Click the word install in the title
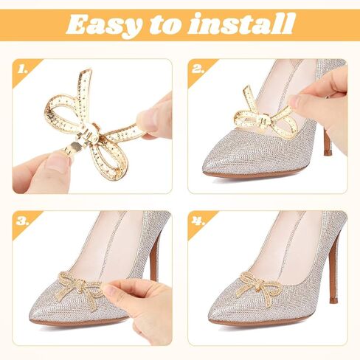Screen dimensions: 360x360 246,24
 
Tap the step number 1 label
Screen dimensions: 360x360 23,70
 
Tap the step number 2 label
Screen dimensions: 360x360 198,70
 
